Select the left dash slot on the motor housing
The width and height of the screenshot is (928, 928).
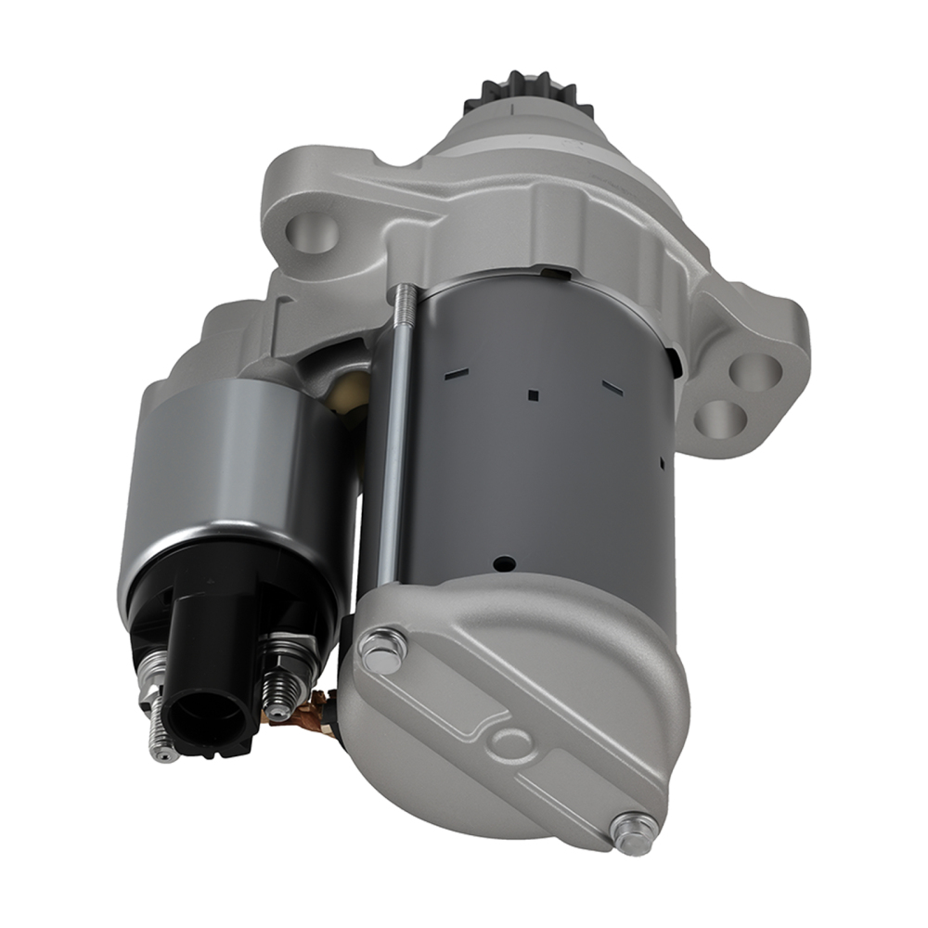point(456,373)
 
